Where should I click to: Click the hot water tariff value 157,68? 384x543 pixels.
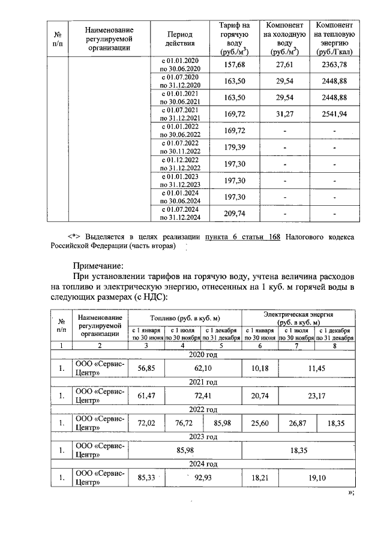point(235,65)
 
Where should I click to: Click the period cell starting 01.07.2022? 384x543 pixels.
point(178,147)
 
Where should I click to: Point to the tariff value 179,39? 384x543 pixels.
point(235,147)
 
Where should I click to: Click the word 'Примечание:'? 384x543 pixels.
point(98,264)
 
